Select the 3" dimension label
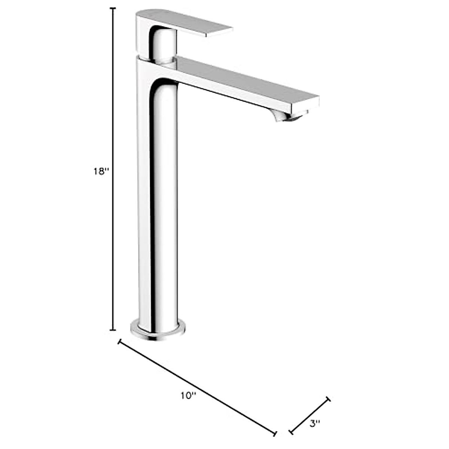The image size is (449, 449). tap(315, 424)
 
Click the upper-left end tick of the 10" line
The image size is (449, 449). tap(119, 342)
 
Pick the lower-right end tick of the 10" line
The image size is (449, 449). tap(276, 434)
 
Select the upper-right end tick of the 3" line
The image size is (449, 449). tap(328, 399)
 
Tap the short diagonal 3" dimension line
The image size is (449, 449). tap(310, 416)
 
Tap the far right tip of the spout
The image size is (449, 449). tap(317, 102)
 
